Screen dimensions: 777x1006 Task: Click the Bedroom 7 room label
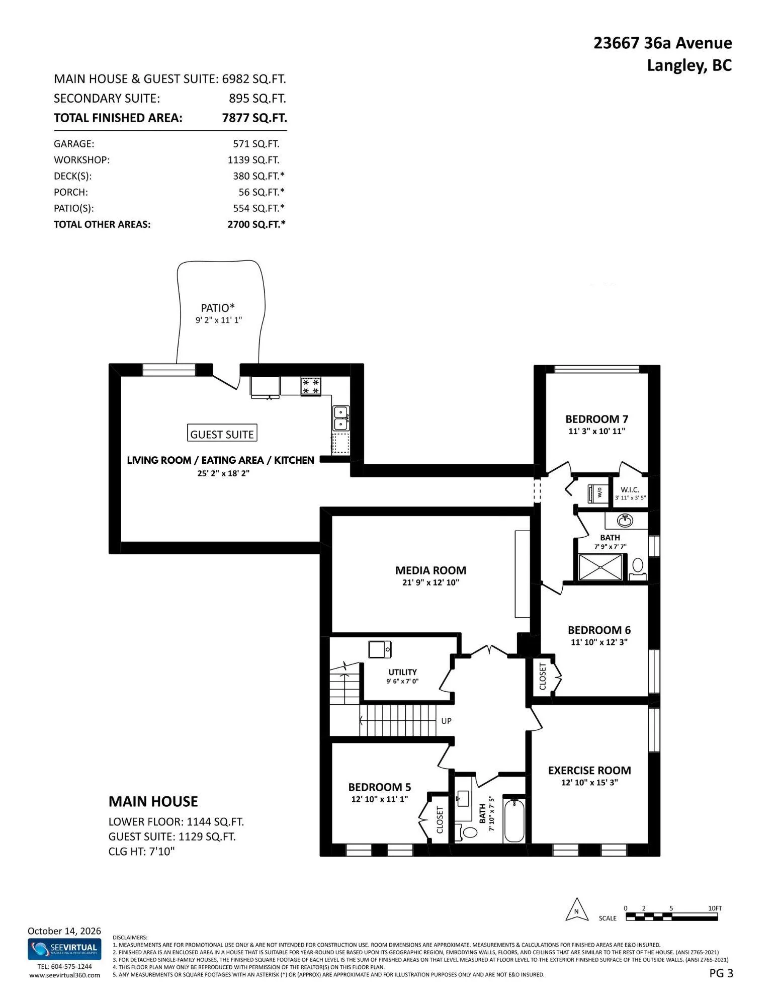596,419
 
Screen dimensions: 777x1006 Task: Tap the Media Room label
430,570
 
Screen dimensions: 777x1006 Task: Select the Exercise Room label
589,770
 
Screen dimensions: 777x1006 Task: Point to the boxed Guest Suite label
222,434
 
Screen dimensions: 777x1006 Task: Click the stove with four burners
311,386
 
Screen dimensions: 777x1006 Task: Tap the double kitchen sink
340,418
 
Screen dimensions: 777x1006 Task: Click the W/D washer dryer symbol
597,493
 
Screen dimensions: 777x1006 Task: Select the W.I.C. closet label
630,489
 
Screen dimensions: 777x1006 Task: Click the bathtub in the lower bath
514,821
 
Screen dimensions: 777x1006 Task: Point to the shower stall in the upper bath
600,567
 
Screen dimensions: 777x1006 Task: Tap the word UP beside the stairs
446,721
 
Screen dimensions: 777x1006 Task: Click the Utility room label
402,672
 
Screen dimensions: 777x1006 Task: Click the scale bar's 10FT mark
715,908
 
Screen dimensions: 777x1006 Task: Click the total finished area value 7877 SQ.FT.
254,118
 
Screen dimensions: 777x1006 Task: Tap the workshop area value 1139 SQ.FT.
253,160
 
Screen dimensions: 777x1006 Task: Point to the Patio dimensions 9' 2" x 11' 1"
219,320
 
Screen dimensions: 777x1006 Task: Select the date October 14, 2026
64,931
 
